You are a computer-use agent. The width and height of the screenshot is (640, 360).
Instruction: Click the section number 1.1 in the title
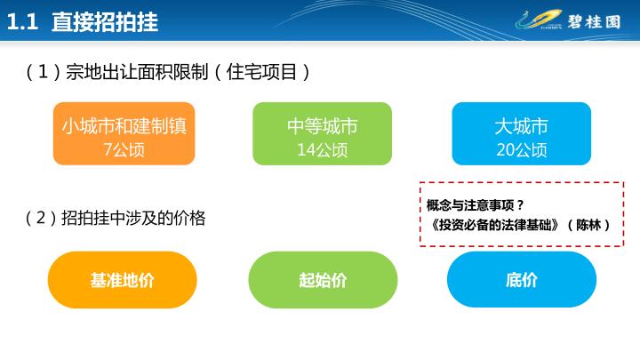coord(23,21)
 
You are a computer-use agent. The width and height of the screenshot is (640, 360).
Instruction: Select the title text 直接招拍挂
coord(105,21)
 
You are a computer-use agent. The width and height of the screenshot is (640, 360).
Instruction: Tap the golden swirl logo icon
coord(539,20)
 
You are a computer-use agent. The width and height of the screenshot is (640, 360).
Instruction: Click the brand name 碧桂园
coord(594,21)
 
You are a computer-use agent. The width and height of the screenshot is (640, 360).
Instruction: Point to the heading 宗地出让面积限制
coord(137,72)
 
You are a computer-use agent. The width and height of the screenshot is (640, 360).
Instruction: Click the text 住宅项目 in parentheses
coord(261,72)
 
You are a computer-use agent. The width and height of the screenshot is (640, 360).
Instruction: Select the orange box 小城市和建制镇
coord(124,133)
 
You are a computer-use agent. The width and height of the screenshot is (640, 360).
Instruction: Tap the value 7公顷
coord(124,150)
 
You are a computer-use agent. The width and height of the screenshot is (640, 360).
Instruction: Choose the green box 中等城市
coord(323,133)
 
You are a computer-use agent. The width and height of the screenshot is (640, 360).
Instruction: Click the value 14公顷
coord(323,150)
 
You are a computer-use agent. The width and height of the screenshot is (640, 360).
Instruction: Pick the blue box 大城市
coord(522,133)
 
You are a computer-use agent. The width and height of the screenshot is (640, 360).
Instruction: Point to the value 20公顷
coord(522,150)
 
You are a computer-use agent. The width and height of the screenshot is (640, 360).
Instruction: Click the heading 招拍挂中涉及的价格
coord(133,218)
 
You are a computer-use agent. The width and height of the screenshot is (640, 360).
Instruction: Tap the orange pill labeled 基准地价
coord(123,280)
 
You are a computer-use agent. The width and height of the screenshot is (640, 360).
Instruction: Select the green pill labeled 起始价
coord(323,280)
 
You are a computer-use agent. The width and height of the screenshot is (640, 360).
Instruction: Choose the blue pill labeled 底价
coord(522,280)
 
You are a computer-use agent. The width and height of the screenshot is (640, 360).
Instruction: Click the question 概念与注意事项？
coord(476,205)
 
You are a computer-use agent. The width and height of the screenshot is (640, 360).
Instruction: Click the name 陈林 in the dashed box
coord(588,225)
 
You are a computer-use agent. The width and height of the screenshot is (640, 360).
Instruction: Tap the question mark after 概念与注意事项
coord(520,205)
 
